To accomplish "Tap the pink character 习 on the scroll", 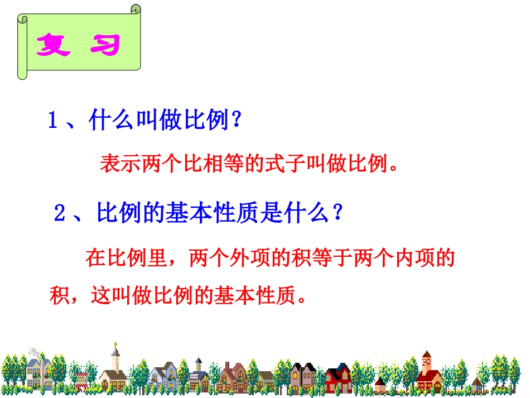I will [105, 45].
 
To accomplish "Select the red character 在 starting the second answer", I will [95, 258].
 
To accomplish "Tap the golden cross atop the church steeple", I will [115, 344].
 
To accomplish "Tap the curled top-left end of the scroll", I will [22, 20].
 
